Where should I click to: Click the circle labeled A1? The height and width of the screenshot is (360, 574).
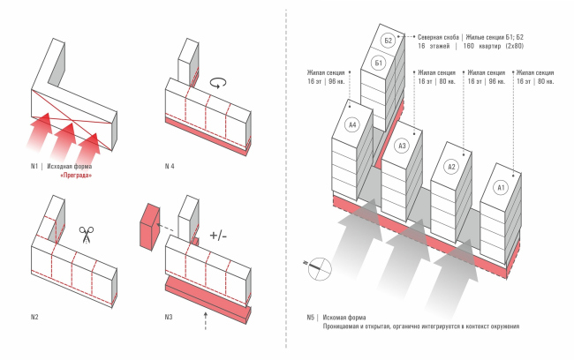(x=501, y=187)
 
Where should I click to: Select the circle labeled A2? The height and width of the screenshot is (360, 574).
(x=451, y=168)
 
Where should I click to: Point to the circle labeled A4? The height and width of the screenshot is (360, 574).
(x=351, y=126)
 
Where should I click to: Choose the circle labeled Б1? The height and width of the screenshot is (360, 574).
(x=378, y=64)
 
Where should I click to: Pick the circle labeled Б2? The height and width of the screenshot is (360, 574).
(x=388, y=41)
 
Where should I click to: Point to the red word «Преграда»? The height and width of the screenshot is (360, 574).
(x=75, y=176)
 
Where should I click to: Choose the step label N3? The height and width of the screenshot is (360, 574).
(x=170, y=316)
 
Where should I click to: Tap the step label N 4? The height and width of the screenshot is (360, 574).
(x=170, y=166)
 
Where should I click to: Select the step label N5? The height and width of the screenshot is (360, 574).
(x=311, y=317)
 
